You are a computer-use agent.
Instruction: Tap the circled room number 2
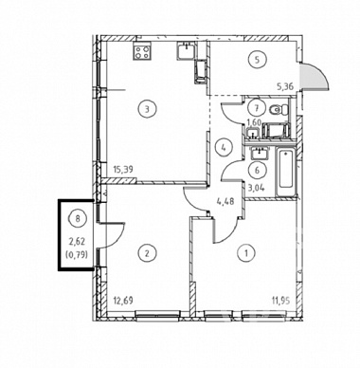click(x=146, y=253)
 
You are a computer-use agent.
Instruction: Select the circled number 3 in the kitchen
click(x=146, y=109)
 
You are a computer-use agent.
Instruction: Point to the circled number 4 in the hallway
click(x=224, y=147)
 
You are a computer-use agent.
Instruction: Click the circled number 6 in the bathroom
click(x=257, y=171)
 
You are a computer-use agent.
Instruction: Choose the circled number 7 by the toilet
click(x=257, y=108)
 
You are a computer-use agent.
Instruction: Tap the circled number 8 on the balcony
click(x=78, y=218)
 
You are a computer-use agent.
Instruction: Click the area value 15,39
click(x=123, y=169)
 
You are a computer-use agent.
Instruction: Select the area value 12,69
click(x=123, y=300)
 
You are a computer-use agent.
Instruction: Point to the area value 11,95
click(x=280, y=300)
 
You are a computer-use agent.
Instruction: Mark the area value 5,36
click(x=285, y=87)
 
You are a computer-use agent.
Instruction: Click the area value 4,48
click(x=225, y=201)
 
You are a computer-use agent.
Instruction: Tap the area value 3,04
click(x=257, y=188)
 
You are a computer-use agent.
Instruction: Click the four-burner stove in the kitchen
click(x=142, y=51)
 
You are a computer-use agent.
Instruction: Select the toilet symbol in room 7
click(x=279, y=110)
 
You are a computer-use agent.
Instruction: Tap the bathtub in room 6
click(x=286, y=173)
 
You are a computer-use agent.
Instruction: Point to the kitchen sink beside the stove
click(x=186, y=50)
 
